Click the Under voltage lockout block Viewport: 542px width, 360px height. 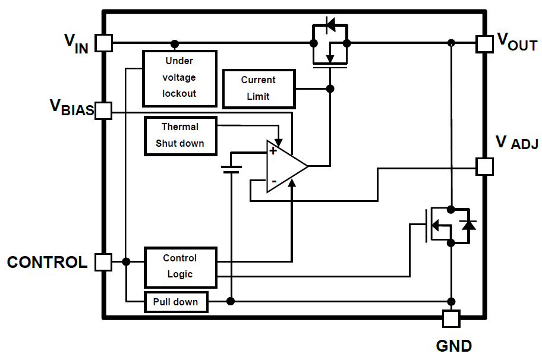tap(179, 78)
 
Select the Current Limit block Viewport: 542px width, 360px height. tap(258, 89)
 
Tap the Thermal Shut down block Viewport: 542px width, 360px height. tap(180, 135)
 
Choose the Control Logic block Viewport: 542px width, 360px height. tap(180, 267)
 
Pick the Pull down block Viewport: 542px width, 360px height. tap(176, 302)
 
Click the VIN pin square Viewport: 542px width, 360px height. tap(104, 43)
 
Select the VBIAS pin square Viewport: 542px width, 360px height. tap(104, 110)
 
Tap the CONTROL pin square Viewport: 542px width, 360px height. tap(104, 262)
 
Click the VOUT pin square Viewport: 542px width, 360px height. tap(485, 43)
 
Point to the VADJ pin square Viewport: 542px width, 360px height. tap(485, 166)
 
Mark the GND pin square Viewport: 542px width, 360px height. tap(451, 318)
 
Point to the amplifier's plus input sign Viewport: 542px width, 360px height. tap(273, 151)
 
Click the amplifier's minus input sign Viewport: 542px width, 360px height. tap(273, 181)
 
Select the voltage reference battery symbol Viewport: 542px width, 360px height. tap(231, 169)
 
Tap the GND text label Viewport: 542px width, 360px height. tap(454, 346)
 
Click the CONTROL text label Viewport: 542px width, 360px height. tap(47, 263)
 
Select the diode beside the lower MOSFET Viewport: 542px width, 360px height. tap(468, 225)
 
